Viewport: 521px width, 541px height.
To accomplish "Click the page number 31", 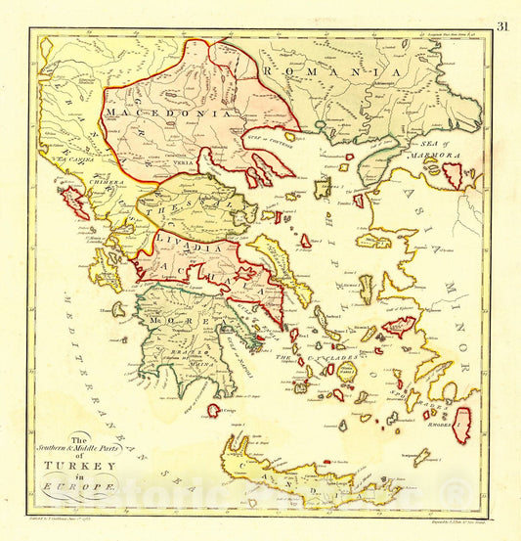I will [x=503, y=26].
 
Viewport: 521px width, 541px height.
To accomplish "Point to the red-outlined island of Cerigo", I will [x=213, y=411].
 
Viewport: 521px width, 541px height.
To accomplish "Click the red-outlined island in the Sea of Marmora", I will [x=453, y=175].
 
